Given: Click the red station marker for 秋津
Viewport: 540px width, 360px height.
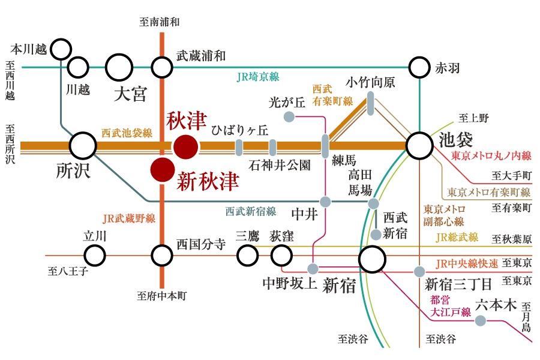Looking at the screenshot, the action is pos(186,147).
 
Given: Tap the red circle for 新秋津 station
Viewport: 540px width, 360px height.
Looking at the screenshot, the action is pos(163,170).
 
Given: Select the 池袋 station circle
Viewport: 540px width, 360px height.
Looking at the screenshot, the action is pos(419,146).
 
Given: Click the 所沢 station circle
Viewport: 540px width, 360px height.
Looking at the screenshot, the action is pos(83,146).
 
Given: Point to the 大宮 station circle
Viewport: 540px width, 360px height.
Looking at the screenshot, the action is pos(119,67).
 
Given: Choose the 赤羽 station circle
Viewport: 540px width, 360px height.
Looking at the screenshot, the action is pos(419,67).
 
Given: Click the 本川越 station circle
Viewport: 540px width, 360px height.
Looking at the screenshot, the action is pos(61,49).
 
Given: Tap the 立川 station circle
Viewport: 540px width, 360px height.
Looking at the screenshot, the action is pos(95,256).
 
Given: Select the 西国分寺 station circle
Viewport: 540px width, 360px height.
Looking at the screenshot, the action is pos(162,256).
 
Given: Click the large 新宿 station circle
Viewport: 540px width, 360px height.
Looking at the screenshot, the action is pos(372,259).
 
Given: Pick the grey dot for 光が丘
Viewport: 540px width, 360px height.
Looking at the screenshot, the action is pos(289,117).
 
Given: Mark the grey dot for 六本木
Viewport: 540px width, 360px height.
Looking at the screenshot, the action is pos(481,321).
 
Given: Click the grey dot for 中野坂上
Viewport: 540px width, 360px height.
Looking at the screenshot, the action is pos(313,268).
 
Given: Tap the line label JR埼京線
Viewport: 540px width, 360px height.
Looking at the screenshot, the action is pos(258,77).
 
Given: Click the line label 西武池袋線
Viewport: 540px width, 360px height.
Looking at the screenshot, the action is pos(127,133).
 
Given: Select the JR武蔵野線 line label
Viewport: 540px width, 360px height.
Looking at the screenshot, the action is pos(129,218).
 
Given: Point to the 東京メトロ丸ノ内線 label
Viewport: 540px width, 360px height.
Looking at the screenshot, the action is pos(491,156).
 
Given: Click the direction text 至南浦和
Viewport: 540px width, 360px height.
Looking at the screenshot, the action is pos(160,22).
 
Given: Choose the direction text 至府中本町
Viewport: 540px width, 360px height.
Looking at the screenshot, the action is pos(161,296).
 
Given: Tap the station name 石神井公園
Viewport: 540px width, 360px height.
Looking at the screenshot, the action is pos(279,166).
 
